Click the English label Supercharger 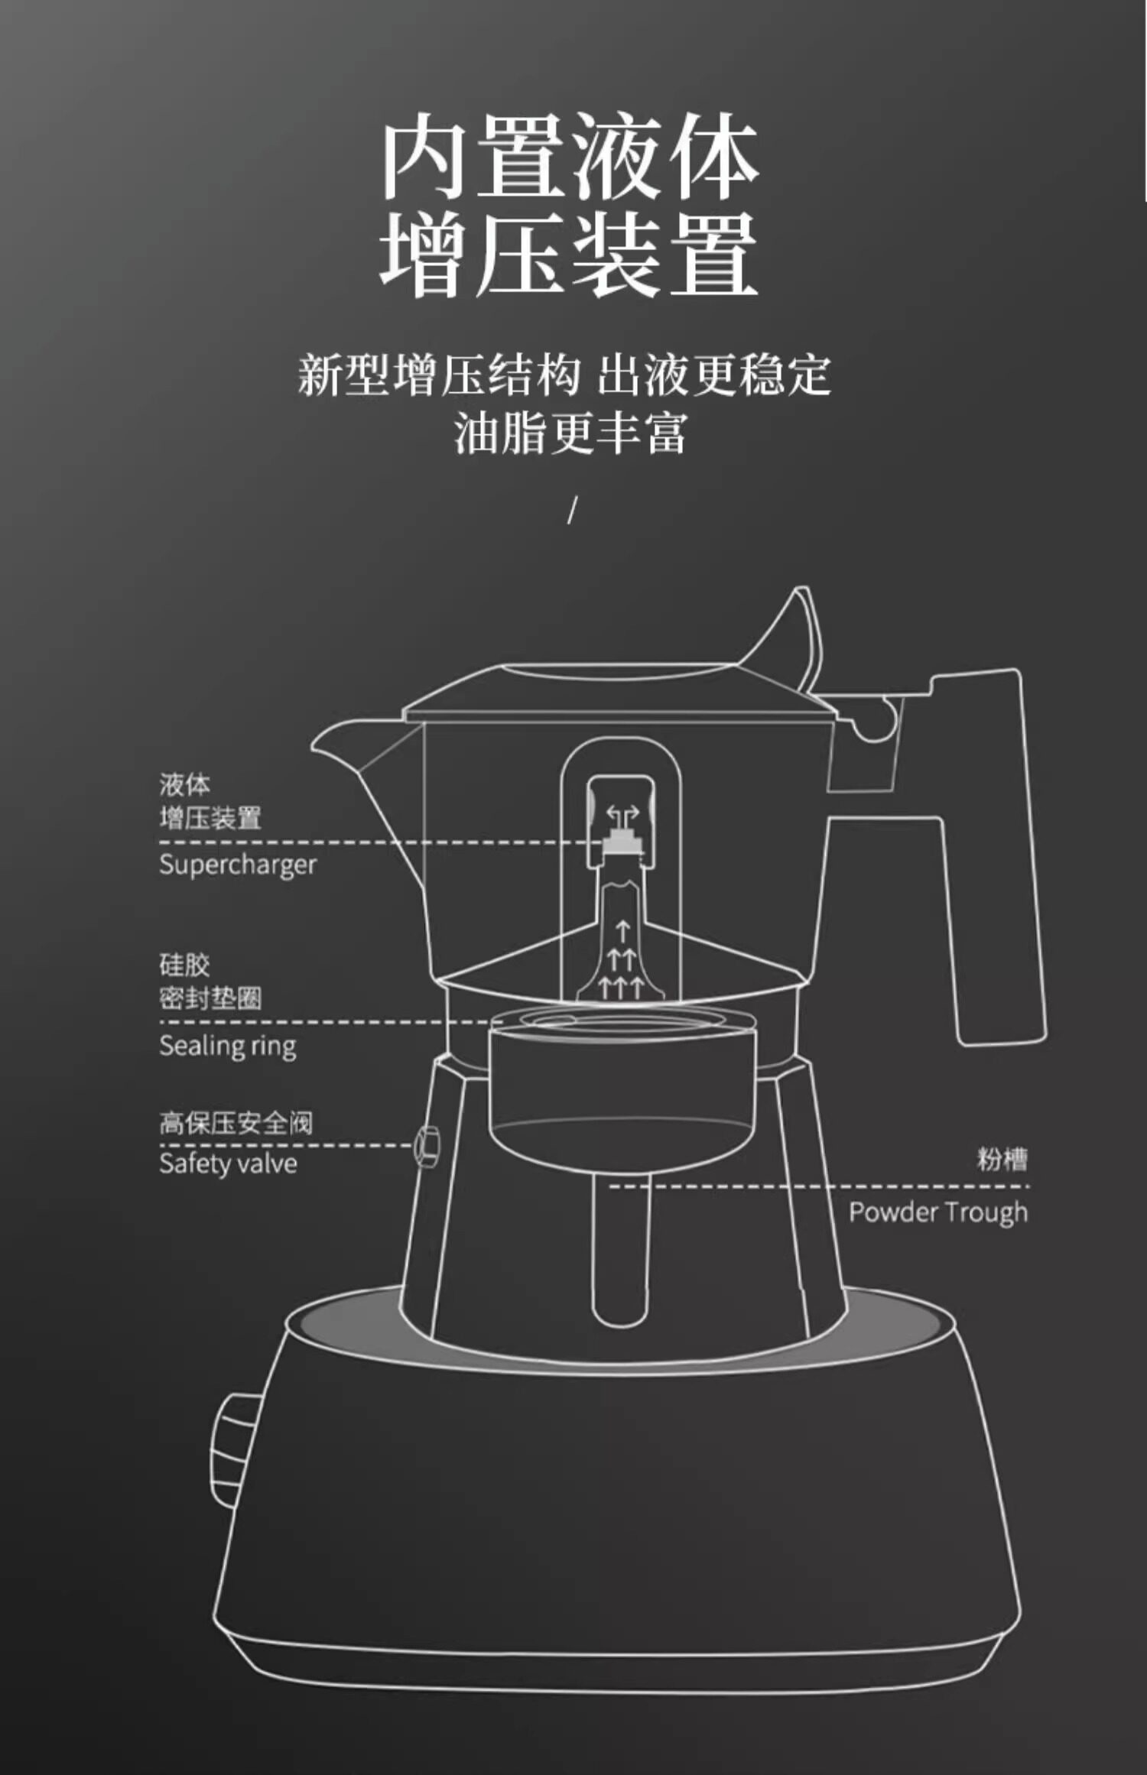coord(237,865)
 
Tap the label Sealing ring coord(227,1046)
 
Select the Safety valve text coord(228,1163)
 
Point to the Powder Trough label coord(938,1212)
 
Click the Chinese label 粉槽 coord(1002,1159)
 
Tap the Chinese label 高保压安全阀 coord(236,1123)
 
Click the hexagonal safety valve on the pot coord(427,1146)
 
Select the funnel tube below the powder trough coord(620,1254)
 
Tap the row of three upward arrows coord(620,987)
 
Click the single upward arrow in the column coord(622,931)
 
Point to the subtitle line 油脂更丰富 coord(570,433)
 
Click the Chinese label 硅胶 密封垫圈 coord(210,982)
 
